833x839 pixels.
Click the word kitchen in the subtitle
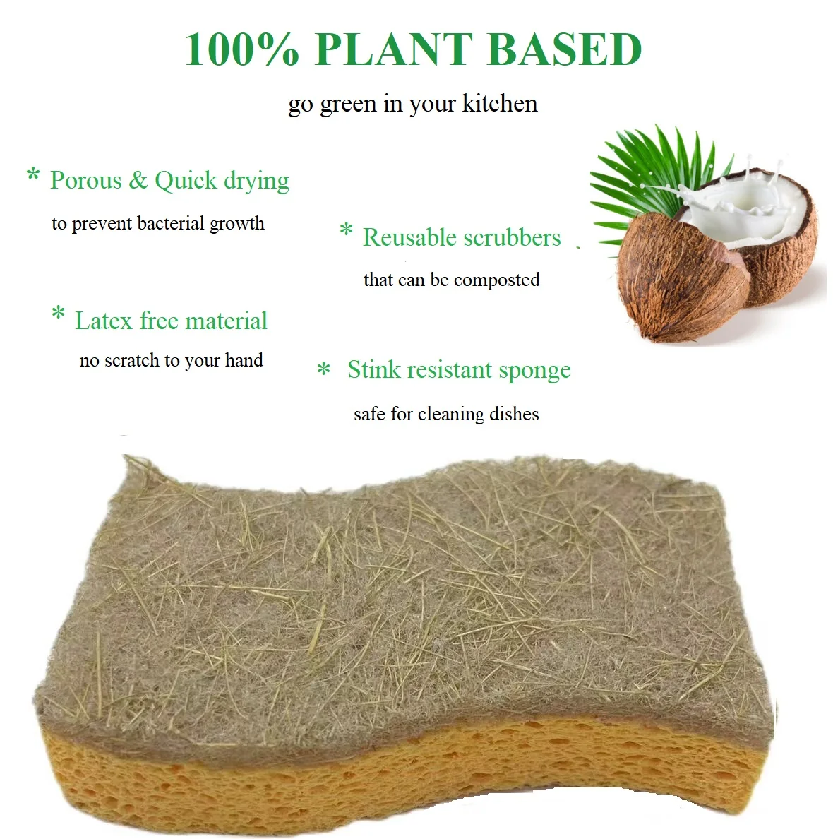point(499,104)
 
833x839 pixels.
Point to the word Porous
point(85,181)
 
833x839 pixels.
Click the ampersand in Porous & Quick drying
point(138,181)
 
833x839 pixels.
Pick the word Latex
point(104,321)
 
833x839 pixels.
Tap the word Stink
point(374,370)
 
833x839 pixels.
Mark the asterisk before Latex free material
point(59,313)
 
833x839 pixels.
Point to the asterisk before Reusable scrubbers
point(346,230)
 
